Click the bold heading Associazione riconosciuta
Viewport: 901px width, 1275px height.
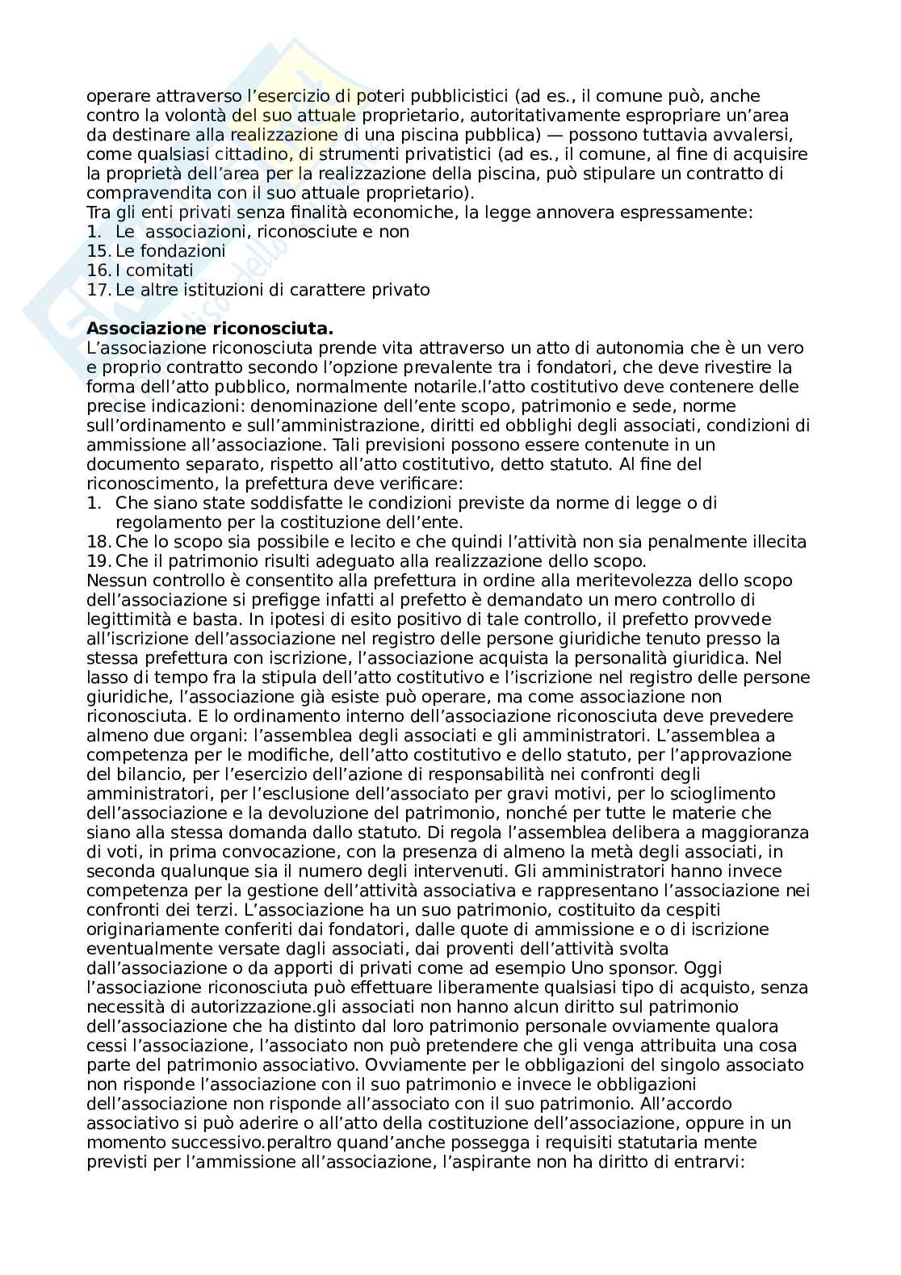pos(210,329)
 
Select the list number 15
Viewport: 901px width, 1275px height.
pos(98,251)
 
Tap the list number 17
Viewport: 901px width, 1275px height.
pos(98,290)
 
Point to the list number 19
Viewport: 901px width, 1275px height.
pos(98,561)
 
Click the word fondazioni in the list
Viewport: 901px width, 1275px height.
pos(182,251)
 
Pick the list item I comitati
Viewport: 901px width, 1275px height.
pos(154,271)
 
